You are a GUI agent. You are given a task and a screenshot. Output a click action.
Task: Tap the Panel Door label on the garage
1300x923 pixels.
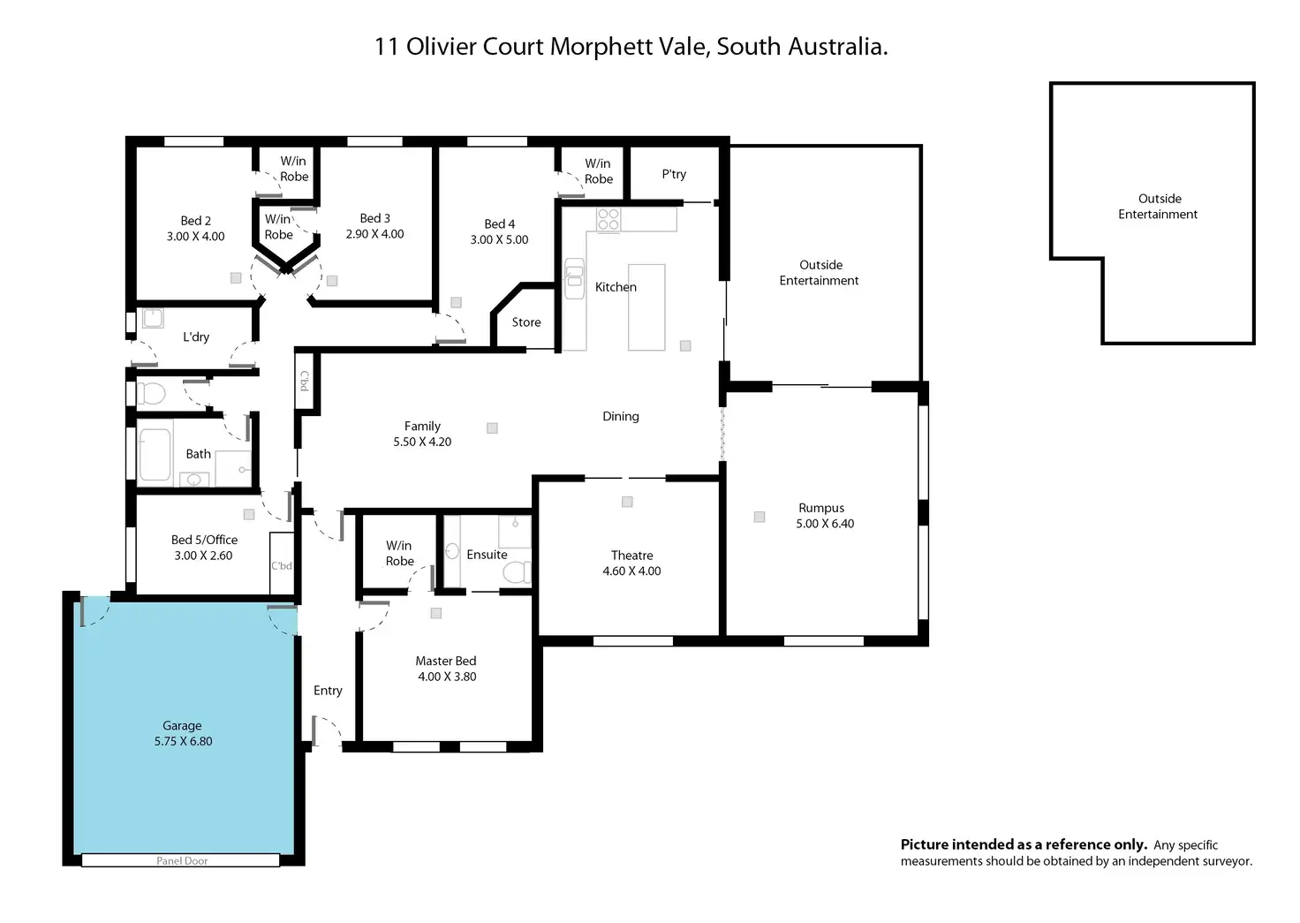[x=182, y=861]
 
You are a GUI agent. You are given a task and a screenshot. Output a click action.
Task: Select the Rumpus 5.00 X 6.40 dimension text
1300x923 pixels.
[x=825, y=524]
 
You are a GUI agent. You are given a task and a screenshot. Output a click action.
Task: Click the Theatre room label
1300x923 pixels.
[x=631, y=555]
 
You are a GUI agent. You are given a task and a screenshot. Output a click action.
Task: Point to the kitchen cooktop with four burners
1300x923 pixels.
[x=608, y=219]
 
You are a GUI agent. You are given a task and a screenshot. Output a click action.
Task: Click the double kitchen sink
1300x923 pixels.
[x=574, y=278]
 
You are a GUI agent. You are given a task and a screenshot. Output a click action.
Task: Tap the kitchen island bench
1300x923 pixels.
[x=646, y=307]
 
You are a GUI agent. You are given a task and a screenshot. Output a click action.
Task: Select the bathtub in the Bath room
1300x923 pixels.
[x=155, y=455]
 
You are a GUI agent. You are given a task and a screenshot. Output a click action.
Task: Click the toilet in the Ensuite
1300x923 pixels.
[x=517, y=572]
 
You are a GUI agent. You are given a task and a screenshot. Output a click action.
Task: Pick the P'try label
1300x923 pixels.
[x=674, y=174]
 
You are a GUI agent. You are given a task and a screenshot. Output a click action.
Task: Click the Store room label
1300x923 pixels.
[x=526, y=322]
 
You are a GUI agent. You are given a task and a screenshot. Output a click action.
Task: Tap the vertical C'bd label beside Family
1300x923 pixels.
[x=304, y=381]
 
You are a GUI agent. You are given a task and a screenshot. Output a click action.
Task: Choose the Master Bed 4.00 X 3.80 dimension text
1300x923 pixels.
[x=447, y=677]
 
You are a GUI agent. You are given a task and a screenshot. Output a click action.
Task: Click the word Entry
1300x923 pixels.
[x=328, y=691]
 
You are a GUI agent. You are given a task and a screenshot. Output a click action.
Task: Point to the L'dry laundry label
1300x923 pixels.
[x=196, y=337]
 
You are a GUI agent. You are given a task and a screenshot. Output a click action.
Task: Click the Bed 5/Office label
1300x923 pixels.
[x=204, y=540]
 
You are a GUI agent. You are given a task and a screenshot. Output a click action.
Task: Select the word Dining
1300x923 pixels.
[x=620, y=417]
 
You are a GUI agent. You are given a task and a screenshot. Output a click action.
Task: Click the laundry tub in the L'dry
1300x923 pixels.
[x=153, y=318]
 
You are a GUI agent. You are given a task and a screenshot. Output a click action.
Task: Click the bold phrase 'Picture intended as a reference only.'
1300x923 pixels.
[x=1024, y=844]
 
